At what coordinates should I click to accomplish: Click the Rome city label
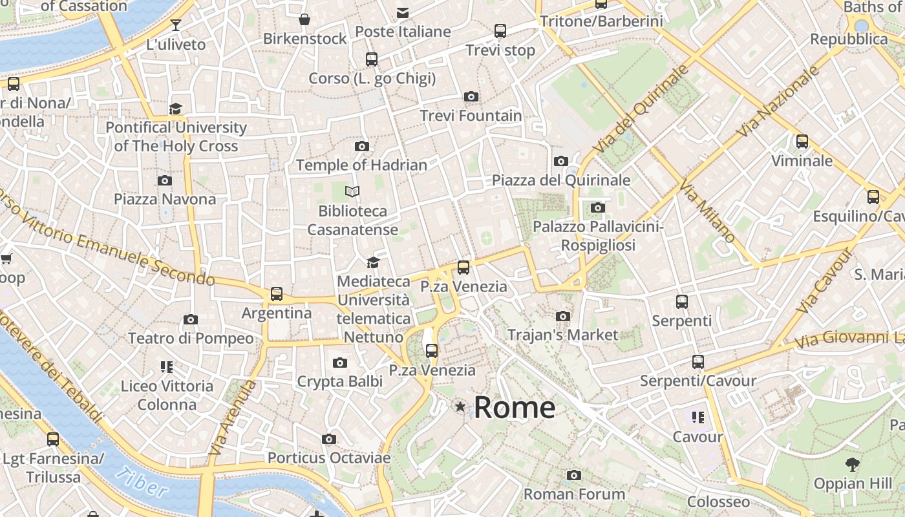(515, 408)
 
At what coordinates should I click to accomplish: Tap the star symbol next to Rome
(460, 406)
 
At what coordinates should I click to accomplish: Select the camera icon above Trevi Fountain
(471, 97)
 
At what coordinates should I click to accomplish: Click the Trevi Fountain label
(471, 116)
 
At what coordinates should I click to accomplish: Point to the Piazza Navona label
(165, 199)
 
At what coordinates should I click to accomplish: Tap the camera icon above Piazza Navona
(165, 180)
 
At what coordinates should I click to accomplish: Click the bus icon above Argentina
(277, 294)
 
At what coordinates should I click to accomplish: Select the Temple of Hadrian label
(361, 165)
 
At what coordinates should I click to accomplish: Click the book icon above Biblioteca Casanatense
(352, 192)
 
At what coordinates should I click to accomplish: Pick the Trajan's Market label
(562, 335)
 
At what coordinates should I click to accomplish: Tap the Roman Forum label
(574, 494)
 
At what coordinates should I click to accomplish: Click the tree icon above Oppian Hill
(853, 463)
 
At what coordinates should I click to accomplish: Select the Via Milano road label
(708, 211)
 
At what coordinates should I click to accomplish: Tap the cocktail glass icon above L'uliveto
(175, 25)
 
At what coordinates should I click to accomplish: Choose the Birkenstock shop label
(304, 39)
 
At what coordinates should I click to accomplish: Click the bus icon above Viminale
(802, 142)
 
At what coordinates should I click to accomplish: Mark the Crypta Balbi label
(339, 382)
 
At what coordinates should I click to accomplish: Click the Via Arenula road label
(232, 417)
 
